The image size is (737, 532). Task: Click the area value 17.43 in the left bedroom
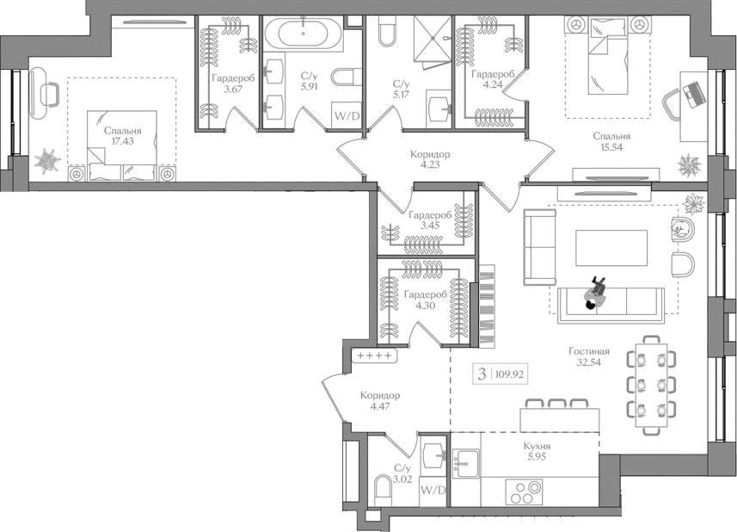click(x=125, y=143)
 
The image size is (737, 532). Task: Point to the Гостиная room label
click(x=589, y=351)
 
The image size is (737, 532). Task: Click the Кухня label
click(x=537, y=446)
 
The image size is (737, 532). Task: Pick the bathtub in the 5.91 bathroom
click(x=302, y=35)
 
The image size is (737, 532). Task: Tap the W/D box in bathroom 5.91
click(x=347, y=115)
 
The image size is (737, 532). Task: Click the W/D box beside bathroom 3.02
click(x=433, y=491)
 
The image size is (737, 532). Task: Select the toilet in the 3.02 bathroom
click(x=383, y=492)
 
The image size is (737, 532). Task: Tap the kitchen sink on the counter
click(x=466, y=462)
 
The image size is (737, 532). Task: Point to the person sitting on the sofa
click(x=593, y=295)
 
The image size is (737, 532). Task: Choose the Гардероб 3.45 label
click(x=430, y=220)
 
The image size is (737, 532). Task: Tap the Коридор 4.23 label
click(x=430, y=159)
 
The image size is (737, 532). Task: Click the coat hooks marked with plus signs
click(x=374, y=356)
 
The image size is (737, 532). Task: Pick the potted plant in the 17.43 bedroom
click(x=46, y=160)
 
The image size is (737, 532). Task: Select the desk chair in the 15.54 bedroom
click(x=673, y=106)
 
